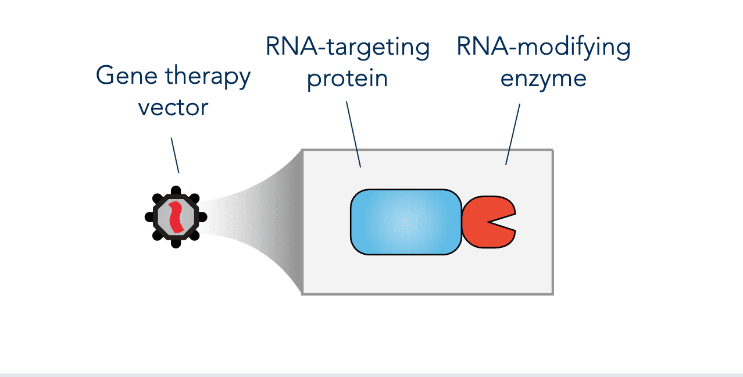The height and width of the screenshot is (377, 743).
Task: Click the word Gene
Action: click(x=126, y=75)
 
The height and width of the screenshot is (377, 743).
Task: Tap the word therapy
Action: click(x=208, y=76)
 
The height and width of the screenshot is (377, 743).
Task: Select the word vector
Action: click(x=173, y=108)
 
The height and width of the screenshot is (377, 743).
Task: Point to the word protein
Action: click(x=347, y=79)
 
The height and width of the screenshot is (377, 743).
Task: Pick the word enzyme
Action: click(x=544, y=80)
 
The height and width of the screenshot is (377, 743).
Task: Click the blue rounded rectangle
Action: click(x=406, y=222)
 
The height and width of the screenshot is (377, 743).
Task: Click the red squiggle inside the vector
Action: click(x=176, y=217)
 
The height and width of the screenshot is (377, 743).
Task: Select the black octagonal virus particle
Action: click(x=176, y=217)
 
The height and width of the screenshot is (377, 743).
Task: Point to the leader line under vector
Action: click(x=175, y=155)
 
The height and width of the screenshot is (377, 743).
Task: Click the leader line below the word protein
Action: click(x=353, y=134)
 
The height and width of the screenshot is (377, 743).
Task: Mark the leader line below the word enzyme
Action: click(x=513, y=134)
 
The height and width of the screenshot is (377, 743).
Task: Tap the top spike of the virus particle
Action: click(x=176, y=190)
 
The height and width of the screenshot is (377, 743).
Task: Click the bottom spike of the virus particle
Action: click(x=176, y=244)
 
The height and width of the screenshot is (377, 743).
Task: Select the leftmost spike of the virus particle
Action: click(x=149, y=217)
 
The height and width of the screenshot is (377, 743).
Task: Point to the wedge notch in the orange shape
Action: click(x=501, y=222)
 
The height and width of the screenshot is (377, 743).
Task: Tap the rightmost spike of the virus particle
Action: click(x=203, y=217)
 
